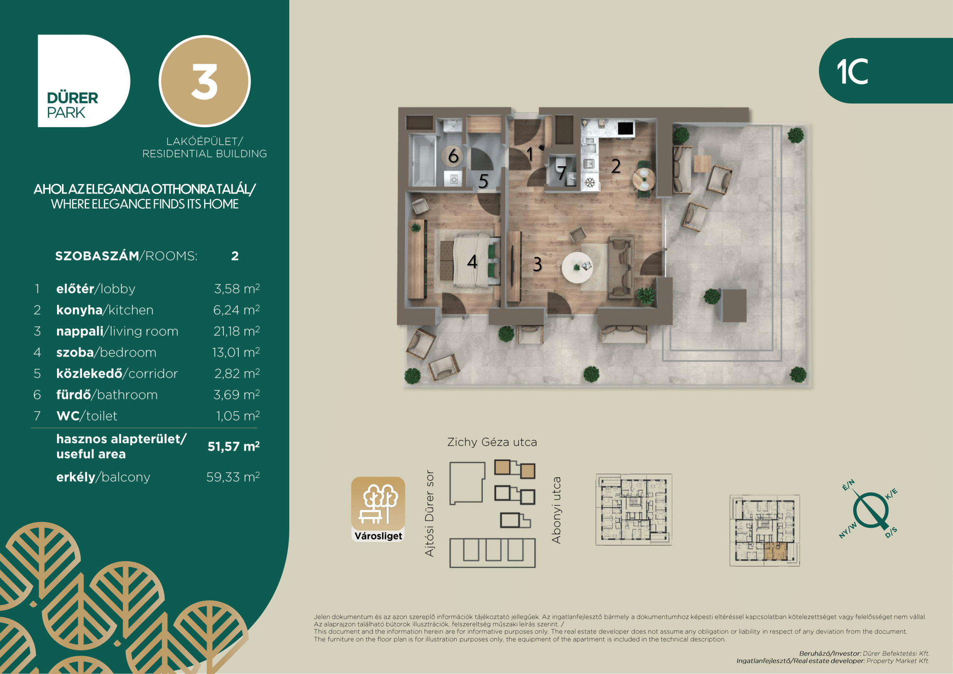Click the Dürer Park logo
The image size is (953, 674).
(x=84, y=81)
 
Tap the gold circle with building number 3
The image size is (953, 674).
(x=205, y=81)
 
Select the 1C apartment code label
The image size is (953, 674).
(x=852, y=71)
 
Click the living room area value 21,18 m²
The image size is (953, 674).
(x=237, y=331)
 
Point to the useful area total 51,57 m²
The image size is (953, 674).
(x=234, y=446)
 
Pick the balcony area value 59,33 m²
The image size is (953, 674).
(x=233, y=477)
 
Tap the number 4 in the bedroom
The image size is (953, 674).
(x=472, y=262)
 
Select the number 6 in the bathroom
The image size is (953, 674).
(x=453, y=156)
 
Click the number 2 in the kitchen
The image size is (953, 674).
(x=616, y=166)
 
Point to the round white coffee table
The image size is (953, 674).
(x=577, y=268)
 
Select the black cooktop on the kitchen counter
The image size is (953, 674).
(x=625, y=129)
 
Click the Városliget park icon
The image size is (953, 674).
(x=378, y=509)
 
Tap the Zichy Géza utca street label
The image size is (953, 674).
(x=492, y=442)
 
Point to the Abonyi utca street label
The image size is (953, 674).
(x=556, y=510)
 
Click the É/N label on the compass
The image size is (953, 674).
(x=848, y=485)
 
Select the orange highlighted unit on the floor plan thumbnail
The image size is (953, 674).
(x=775, y=551)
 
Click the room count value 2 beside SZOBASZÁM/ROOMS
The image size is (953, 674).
(x=235, y=256)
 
